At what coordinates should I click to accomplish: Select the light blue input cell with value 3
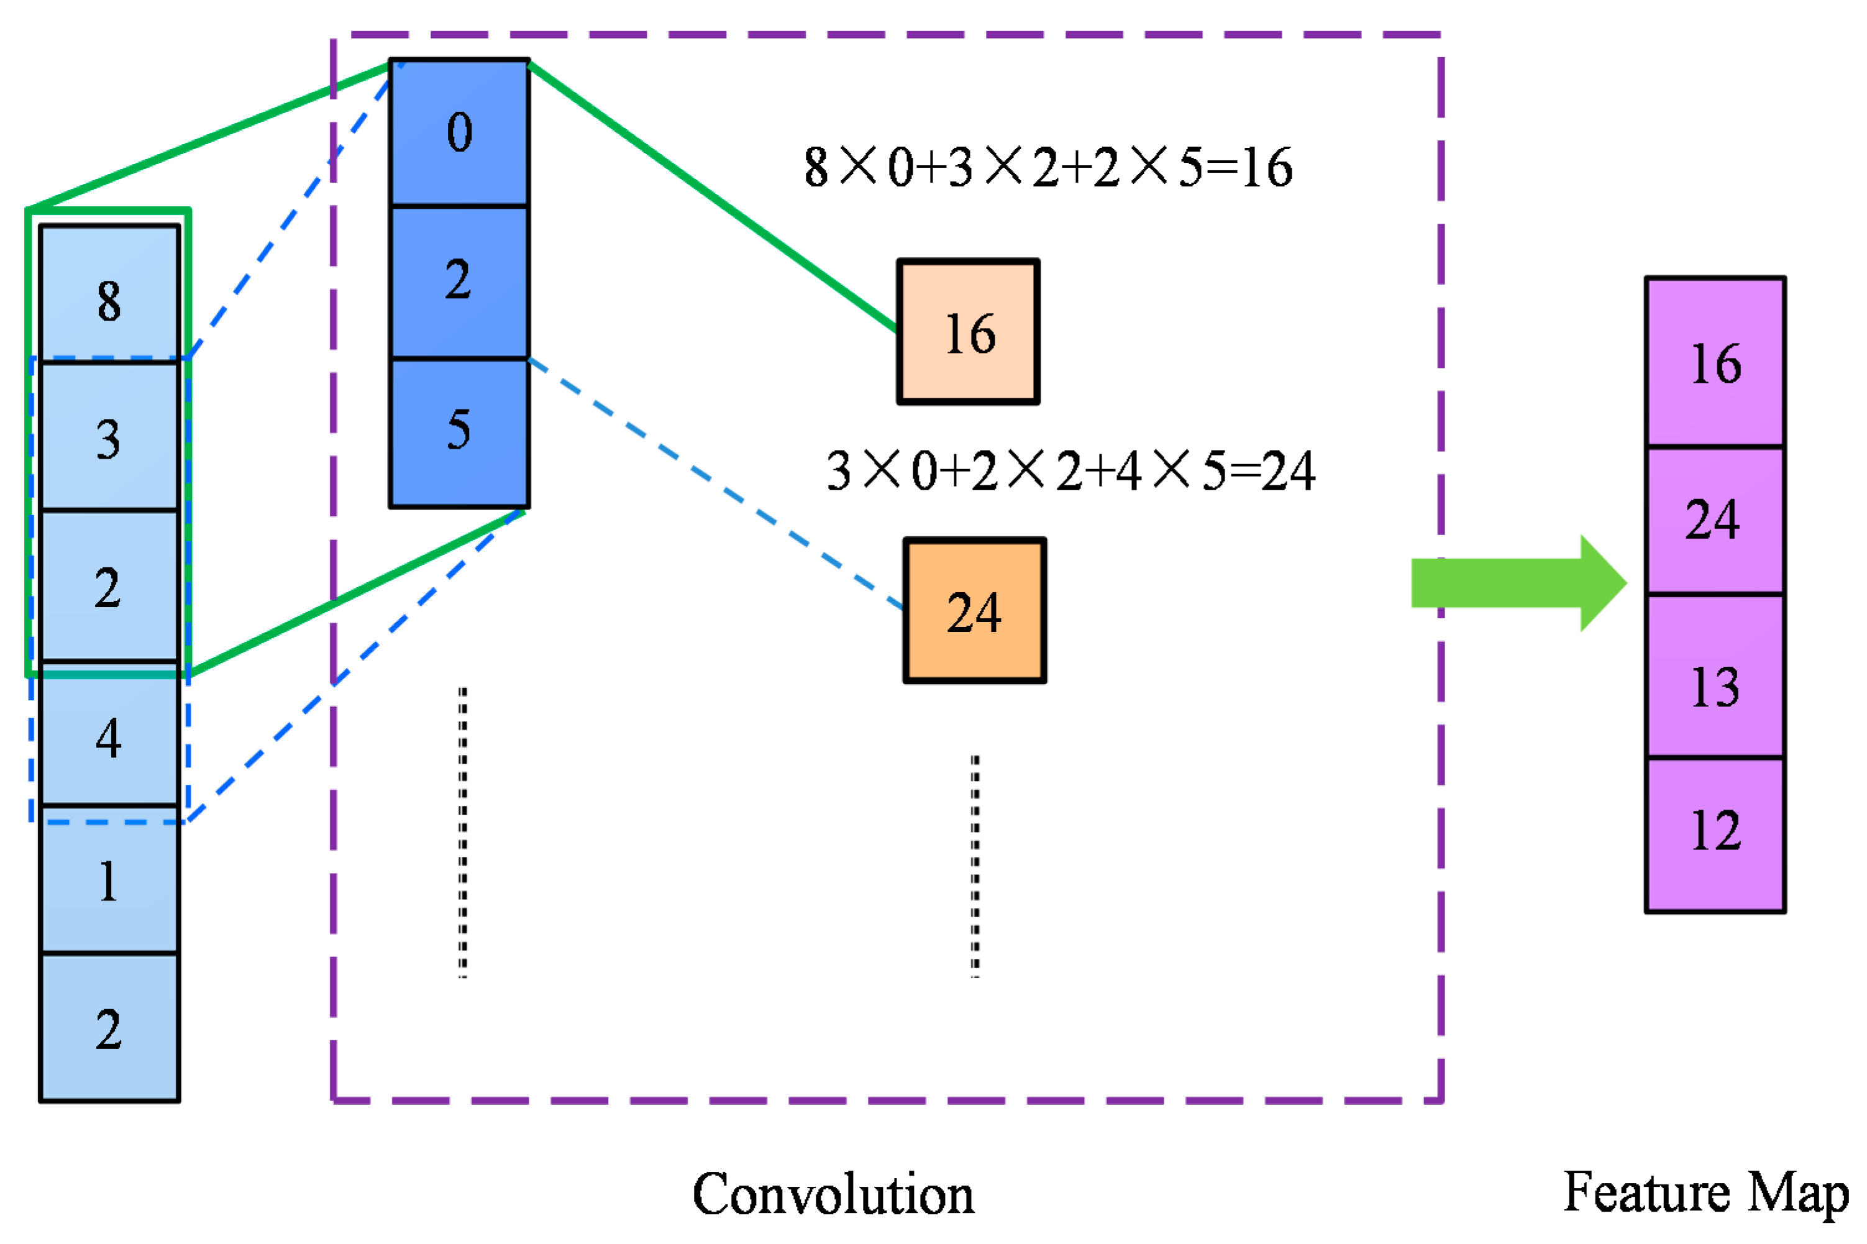pyautogui.click(x=109, y=436)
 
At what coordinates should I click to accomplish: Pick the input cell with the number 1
pyautogui.click(x=109, y=880)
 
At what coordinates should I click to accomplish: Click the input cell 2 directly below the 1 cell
pyautogui.click(x=109, y=1027)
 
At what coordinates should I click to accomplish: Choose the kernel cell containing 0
pyautogui.click(x=459, y=132)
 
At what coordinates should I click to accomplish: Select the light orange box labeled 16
pyautogui.click(x=967, y=332)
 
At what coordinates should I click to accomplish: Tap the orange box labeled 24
pyautogui.click(x=974, y=610)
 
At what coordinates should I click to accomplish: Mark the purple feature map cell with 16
pyautogui.click(x=1715, y=362)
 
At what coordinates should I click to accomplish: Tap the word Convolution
pyautogui.click(x=833, y=1194)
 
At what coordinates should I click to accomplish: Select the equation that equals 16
pyautogui.click(x=1048, y=167)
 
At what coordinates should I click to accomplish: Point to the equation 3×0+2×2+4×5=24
pyautogui.click(x=1070, y=470)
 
